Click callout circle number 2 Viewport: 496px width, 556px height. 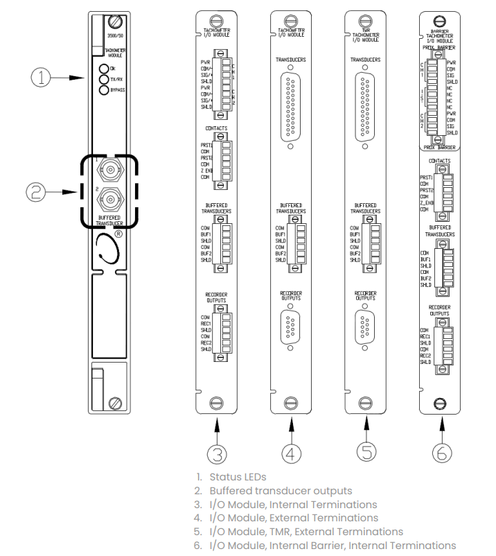44,192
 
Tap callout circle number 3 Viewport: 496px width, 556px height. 218,453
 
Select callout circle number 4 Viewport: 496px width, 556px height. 290,453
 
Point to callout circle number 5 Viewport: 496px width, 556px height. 366,451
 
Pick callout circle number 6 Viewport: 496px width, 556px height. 441,453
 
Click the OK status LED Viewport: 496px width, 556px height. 103,69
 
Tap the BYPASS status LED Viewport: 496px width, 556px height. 103,89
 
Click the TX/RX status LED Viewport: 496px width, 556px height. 103,79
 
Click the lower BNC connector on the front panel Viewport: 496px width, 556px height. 110,200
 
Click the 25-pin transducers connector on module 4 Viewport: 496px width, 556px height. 290,106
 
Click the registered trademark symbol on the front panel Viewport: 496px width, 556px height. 118,234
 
